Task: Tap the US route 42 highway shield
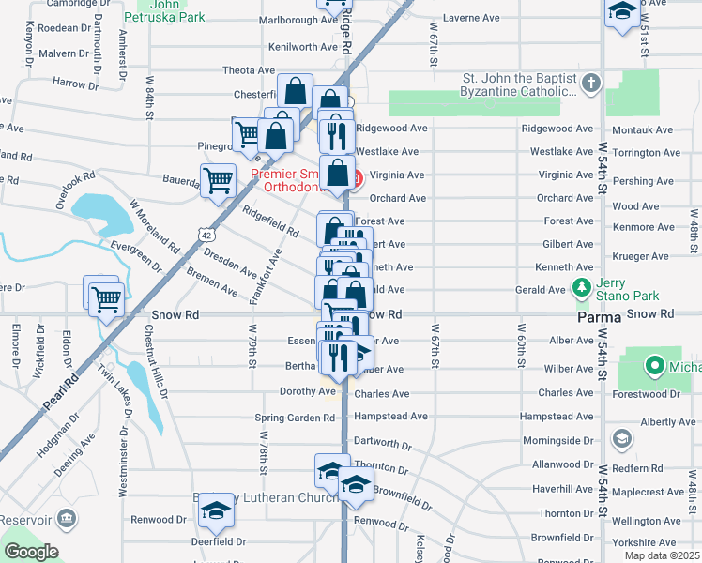click(x=204, y=231)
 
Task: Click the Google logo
click(x=31, y=552)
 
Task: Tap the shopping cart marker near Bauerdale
click(x=219, y=180)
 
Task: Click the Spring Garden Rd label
click(x=295, y=418)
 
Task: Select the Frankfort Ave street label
click(x=266, y=275)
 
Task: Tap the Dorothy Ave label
click(x=307, y=391)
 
